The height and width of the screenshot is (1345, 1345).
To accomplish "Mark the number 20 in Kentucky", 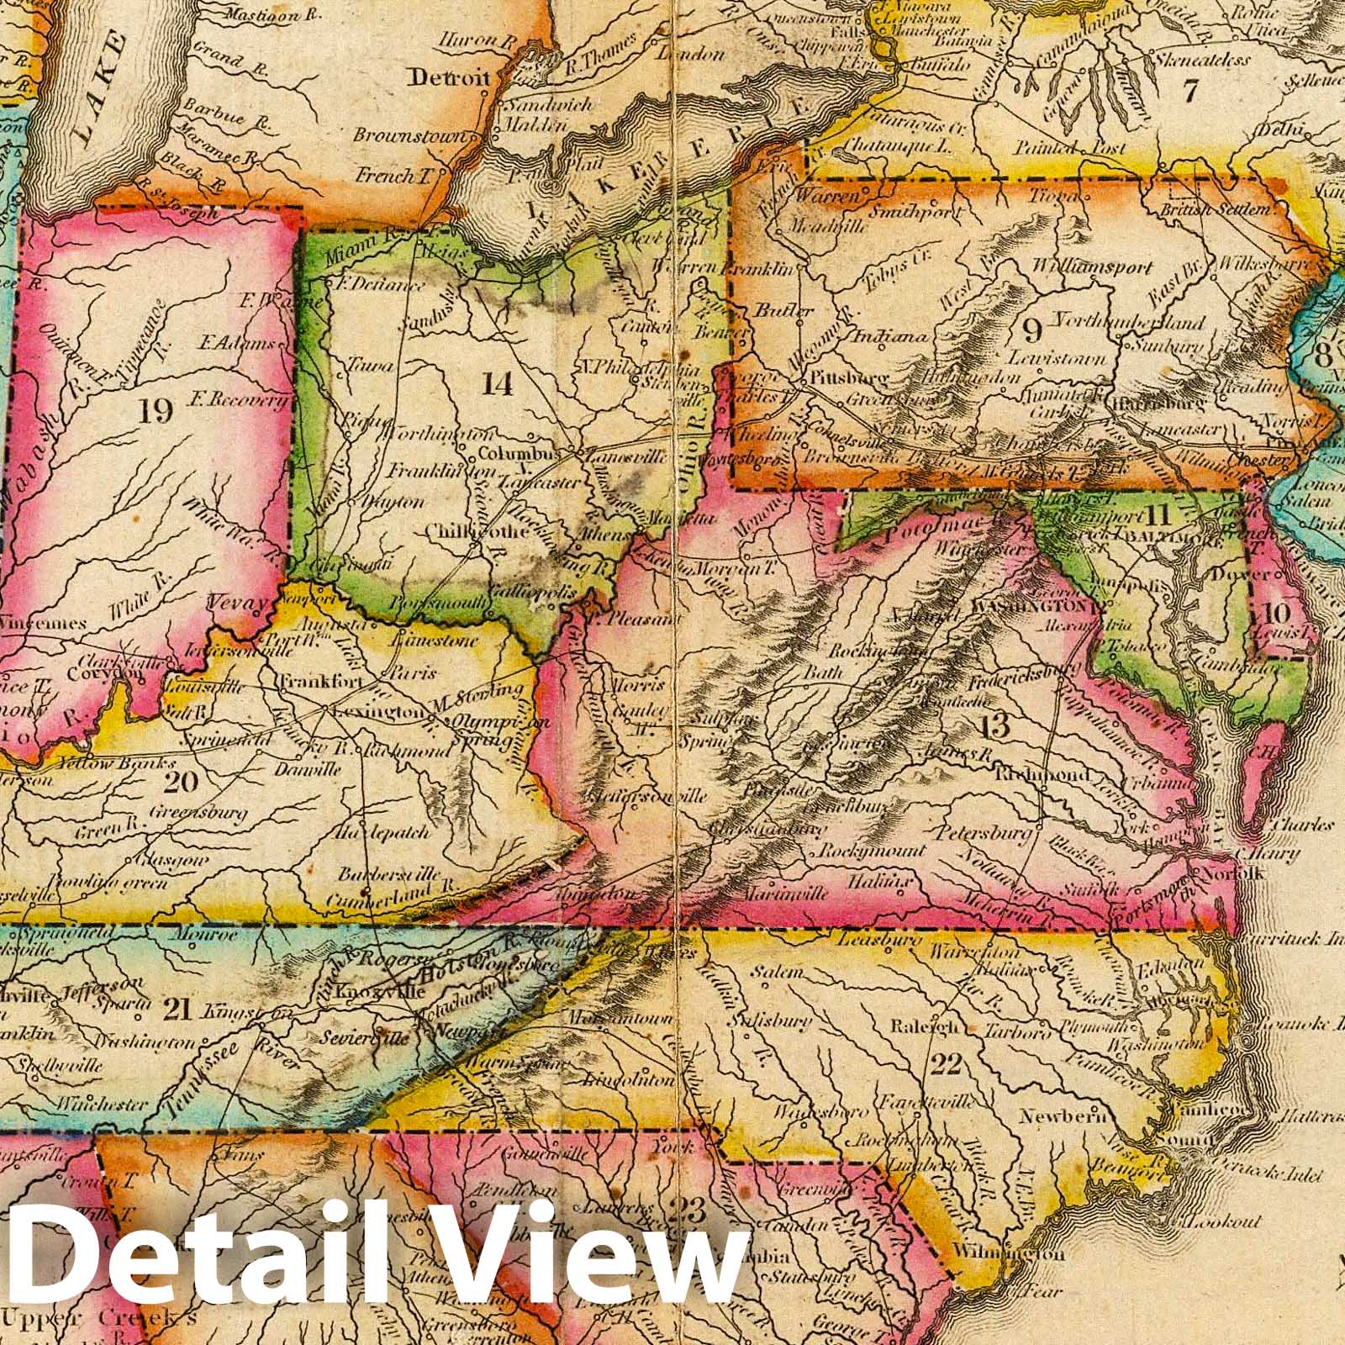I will point(182,782).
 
